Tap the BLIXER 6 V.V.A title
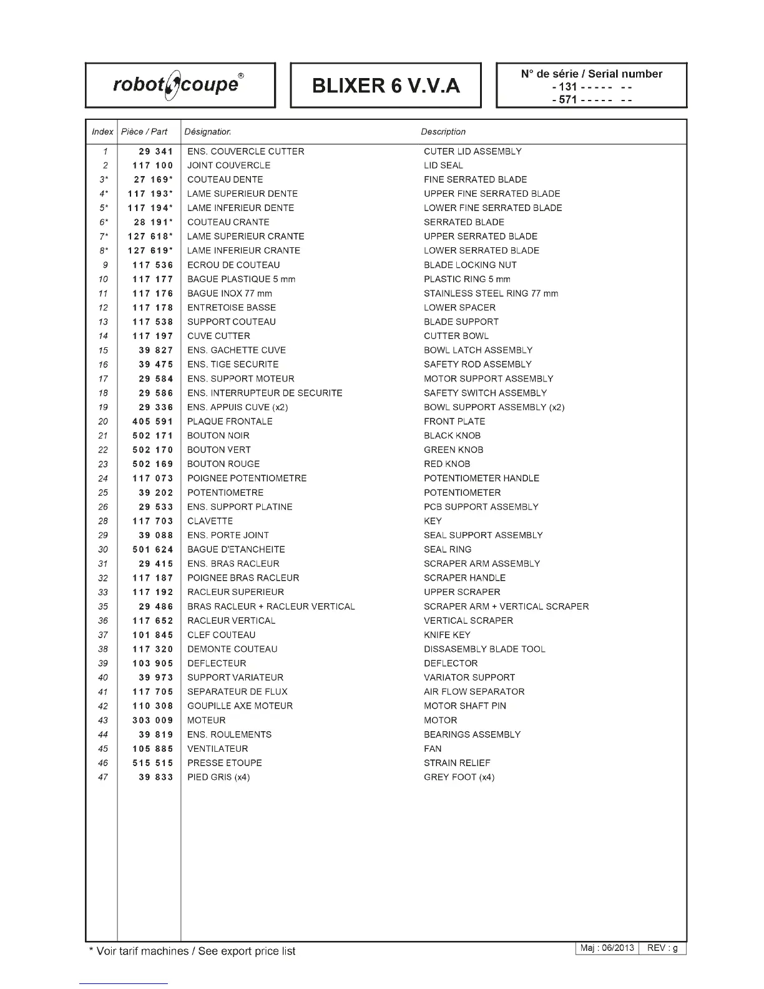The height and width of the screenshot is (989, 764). (386, 86)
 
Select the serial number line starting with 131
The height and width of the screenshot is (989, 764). (592, 87)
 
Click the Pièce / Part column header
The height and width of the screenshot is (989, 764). (144, 132)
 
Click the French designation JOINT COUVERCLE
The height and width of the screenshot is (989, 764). (228, 165)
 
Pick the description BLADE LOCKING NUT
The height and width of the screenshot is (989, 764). (470, 265)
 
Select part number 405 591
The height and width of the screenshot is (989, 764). (152, 421)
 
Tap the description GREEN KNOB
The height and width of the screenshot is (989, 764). (453, 450)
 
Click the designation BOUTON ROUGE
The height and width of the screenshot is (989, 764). (223, 464)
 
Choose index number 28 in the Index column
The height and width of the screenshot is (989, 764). (103, 521)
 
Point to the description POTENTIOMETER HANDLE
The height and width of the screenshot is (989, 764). (481, 478)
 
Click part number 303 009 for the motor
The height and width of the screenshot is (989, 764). (152, 720)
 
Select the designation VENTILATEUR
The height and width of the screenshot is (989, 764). (217, 749)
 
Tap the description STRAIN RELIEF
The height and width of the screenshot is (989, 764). (457, 763)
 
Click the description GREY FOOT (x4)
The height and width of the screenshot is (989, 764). (459, 777)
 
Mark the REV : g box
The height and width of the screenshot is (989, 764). (662, 948)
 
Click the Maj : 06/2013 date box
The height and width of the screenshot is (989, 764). (607, 948)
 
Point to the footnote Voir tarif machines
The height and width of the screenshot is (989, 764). (192, 952)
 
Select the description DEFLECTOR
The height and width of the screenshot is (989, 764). (451, 663)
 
